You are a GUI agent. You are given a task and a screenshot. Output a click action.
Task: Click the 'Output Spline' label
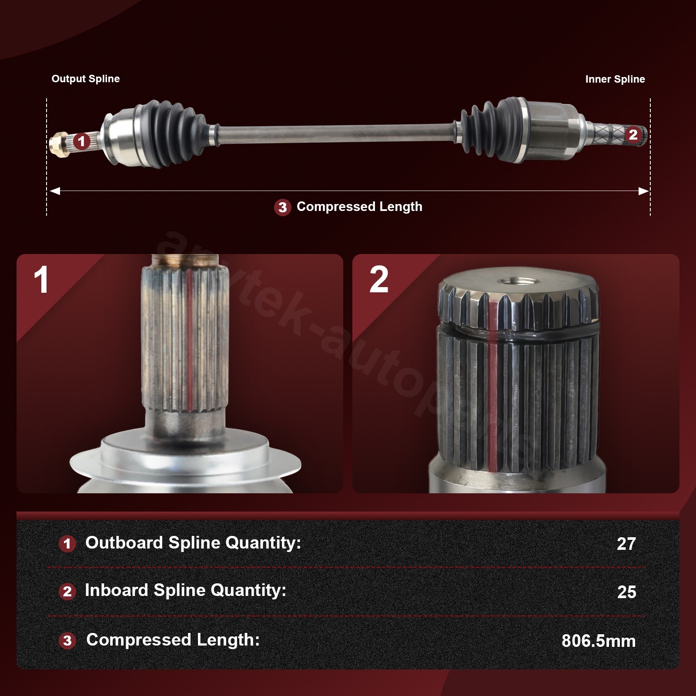(86, 79)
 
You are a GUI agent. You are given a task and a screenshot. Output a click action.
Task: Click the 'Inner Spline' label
(615, 79)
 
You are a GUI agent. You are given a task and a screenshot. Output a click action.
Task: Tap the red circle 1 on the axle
(81, 141)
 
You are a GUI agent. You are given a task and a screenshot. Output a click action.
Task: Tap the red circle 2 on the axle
(633, 135)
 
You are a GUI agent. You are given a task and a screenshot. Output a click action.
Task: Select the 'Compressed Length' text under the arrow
(359, 207)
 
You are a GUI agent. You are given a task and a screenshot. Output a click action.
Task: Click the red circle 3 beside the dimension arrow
(283, 207)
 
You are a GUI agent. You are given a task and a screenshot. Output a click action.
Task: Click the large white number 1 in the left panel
(41, 280)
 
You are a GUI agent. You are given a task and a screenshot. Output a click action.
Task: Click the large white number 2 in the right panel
(379, 279)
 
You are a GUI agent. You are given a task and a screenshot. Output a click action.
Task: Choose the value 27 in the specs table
(626, 544)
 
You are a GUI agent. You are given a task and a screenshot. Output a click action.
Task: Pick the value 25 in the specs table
(626, 592)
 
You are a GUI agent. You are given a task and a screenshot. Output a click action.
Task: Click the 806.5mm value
(599, 641)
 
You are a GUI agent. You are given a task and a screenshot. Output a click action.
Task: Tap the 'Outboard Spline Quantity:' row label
(193, 543)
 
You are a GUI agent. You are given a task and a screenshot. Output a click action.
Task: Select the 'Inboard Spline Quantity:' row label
(186, 590)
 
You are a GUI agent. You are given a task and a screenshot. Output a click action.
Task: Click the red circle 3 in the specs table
(67, 640)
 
